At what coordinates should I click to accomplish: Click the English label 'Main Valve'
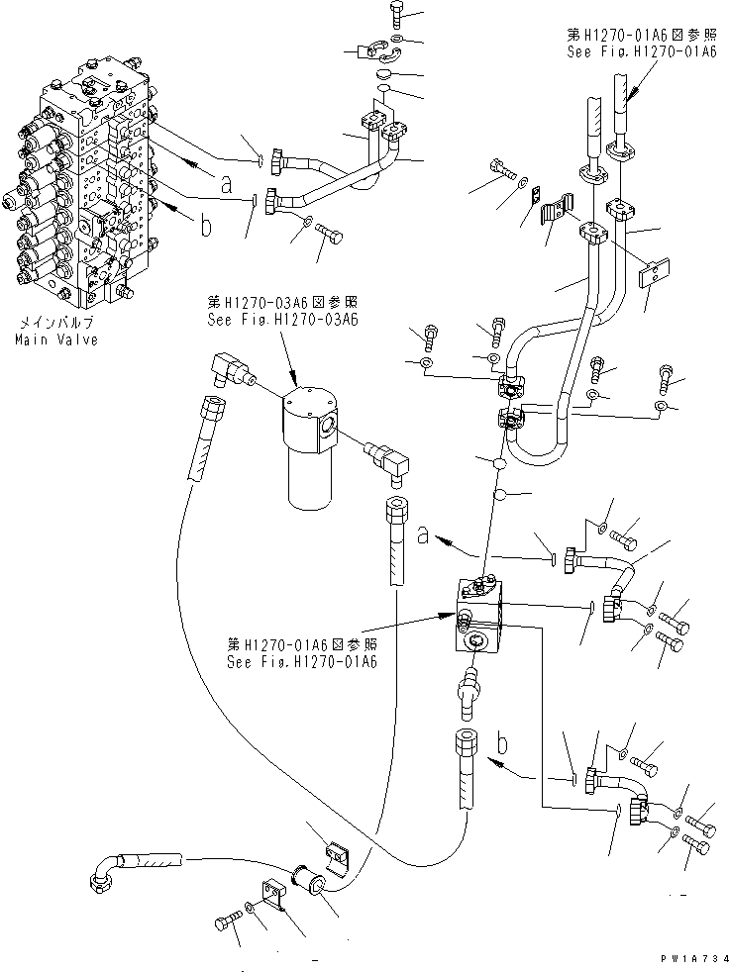[55, 340]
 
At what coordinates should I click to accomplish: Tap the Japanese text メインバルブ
[55, 324]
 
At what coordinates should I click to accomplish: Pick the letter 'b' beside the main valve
[206, 227]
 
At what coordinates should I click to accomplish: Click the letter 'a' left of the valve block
[423, 535]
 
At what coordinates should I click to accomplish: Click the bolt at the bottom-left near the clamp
[227, 924]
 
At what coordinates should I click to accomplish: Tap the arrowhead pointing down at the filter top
[297, 378]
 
